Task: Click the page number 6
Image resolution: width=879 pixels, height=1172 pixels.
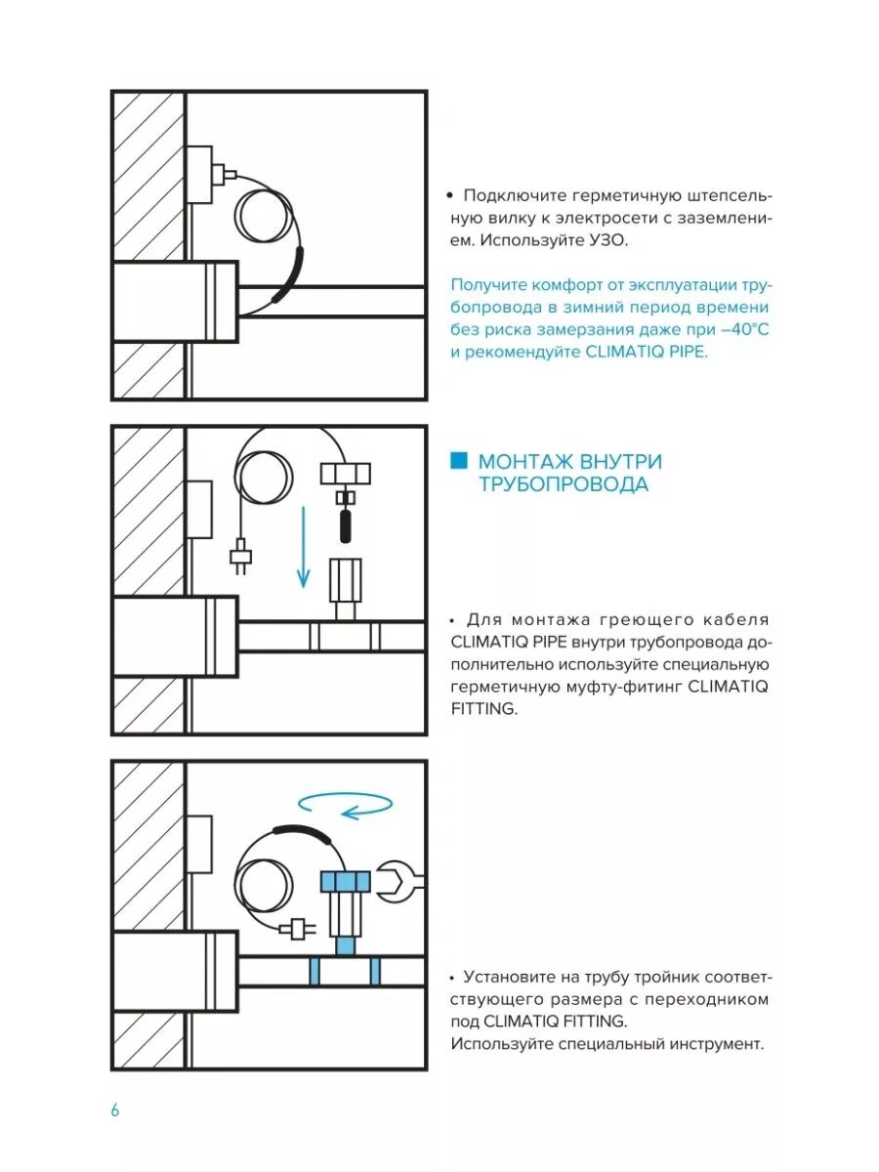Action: click(114, 1110)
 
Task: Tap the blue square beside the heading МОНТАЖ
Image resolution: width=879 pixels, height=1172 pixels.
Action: click(458, 461)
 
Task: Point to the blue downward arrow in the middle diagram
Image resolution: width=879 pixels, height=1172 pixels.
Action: click(304, 547)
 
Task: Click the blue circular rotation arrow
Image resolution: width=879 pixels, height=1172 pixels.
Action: click(346, 804)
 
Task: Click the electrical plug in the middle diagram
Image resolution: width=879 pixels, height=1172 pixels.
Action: click(239, 558)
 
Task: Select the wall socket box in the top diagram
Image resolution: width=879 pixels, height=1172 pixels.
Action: click(199, 174)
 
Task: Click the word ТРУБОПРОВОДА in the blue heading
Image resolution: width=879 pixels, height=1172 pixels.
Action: click(563, 484)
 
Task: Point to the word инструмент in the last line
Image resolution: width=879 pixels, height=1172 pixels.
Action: click(709, 1044)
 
